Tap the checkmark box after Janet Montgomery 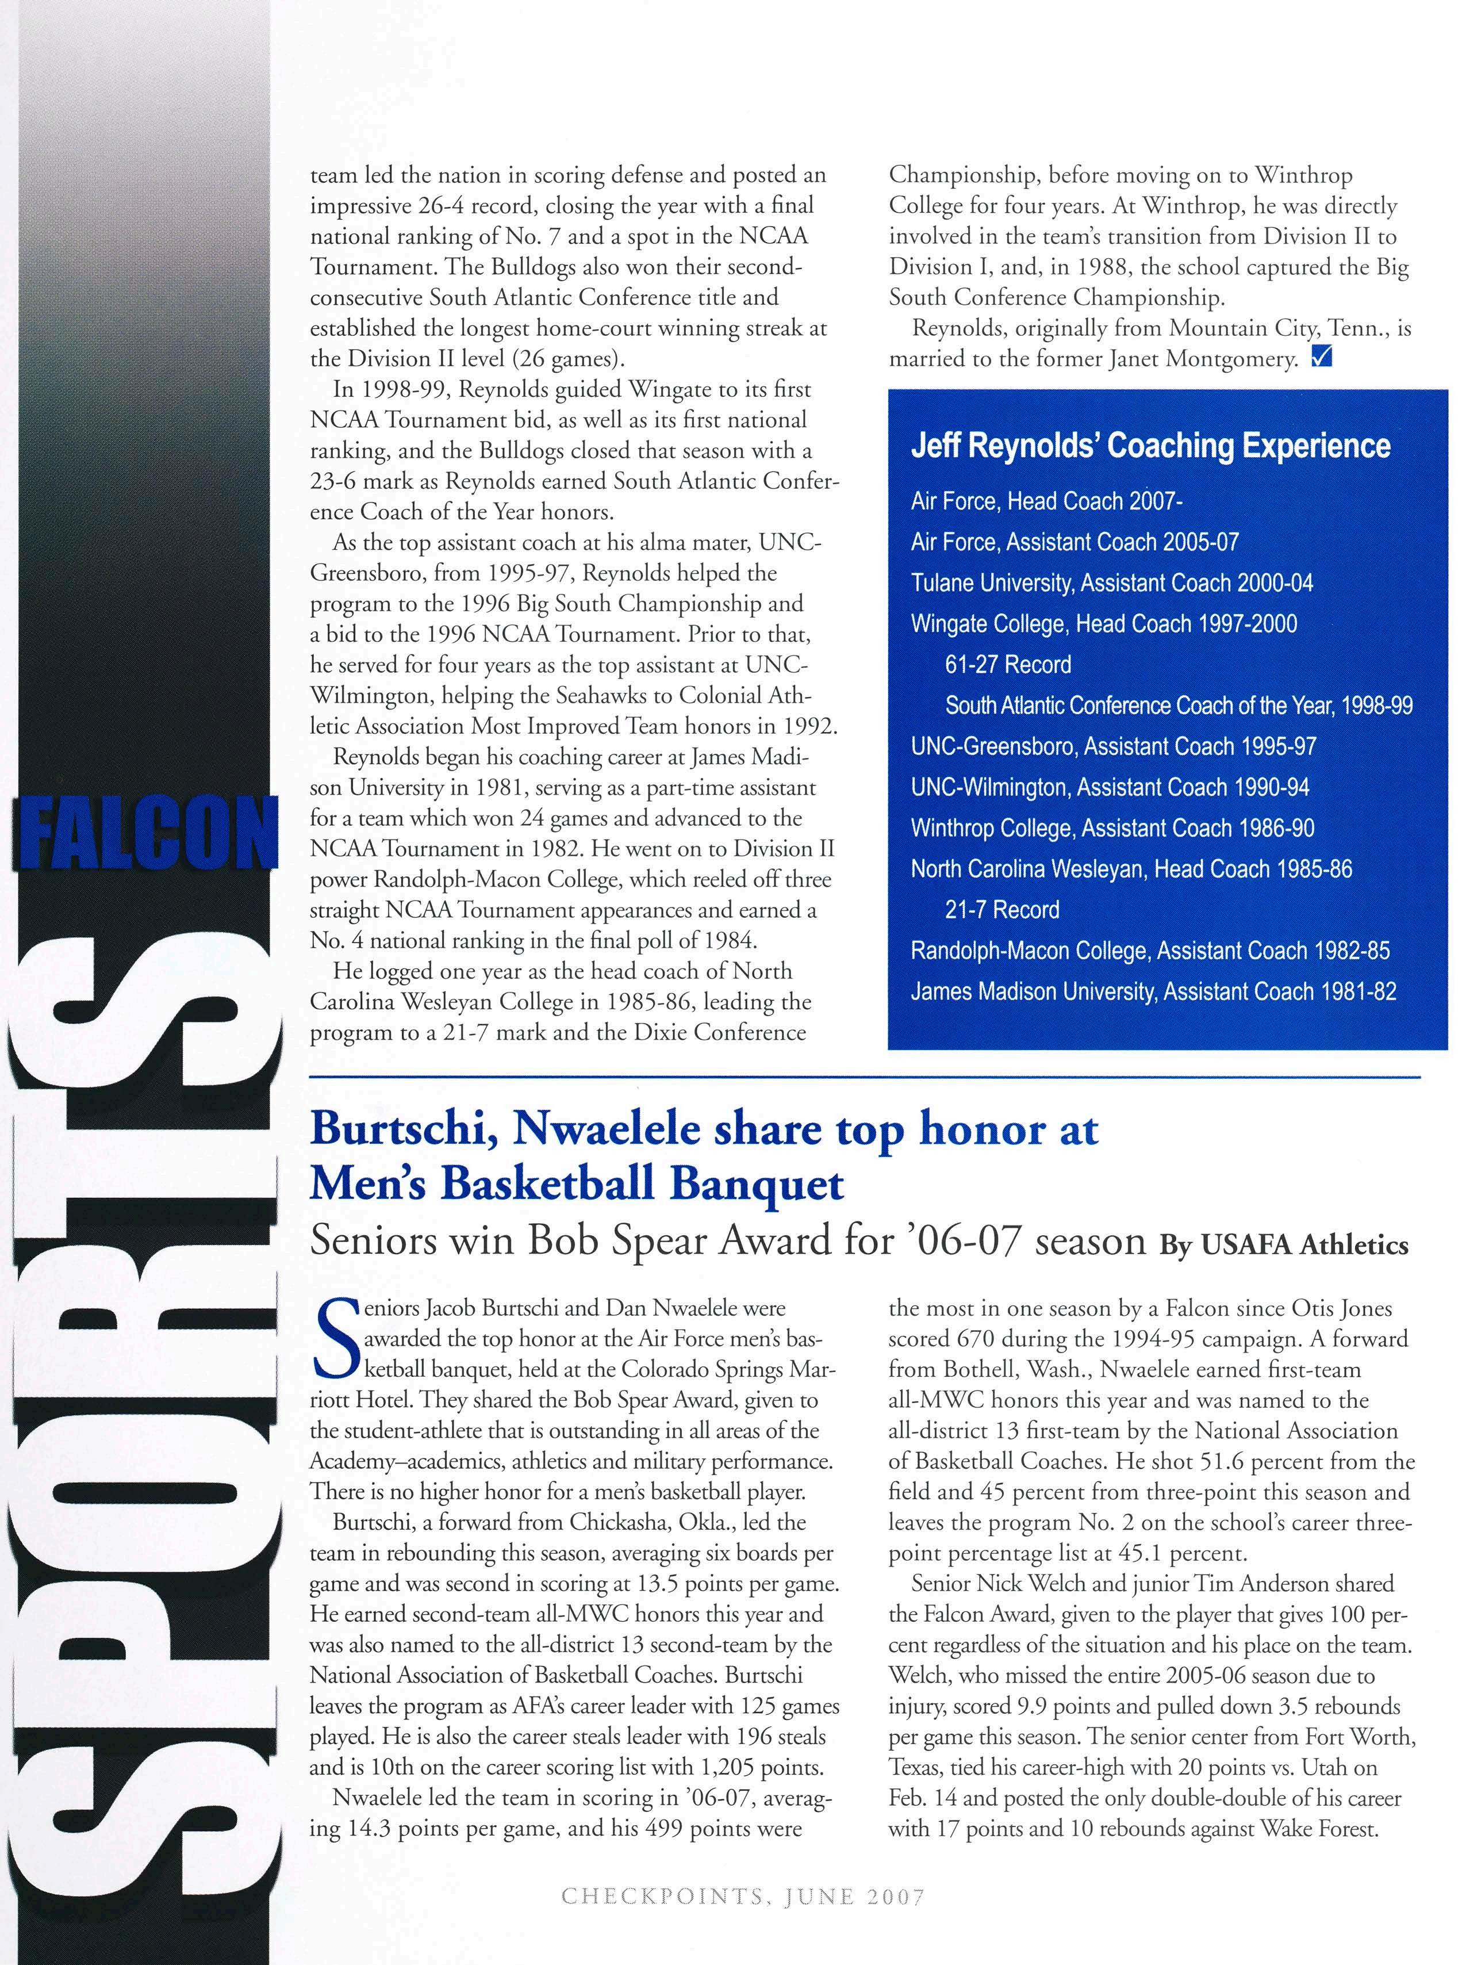(x=1321, y=359)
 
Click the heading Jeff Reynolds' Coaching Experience (x=1150, y=446)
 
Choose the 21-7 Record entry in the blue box (x=1002, y=910)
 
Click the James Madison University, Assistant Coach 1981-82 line (x=1153, y=991)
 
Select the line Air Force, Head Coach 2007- (x=1046, y=501)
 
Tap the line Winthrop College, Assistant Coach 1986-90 (x=1112, y=828)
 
